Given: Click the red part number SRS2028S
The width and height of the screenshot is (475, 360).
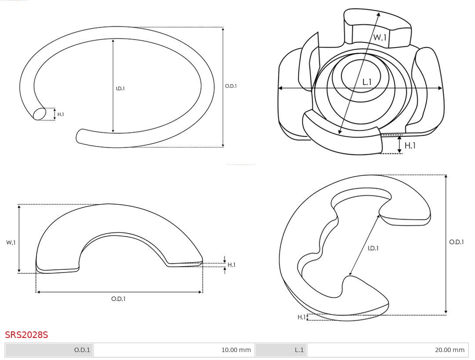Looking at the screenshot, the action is (26, 334).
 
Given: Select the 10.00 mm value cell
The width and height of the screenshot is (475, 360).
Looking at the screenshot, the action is (174, 350).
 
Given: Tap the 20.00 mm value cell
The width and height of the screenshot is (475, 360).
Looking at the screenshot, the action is (387, 350).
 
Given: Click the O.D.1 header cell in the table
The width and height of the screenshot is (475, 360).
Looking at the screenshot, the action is (49, 350).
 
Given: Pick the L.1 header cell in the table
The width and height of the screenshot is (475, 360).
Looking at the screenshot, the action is (281, 350).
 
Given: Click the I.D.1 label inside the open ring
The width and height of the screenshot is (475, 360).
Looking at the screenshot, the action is (120, 88).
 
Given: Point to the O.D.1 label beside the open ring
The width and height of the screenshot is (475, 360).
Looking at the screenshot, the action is (231, 86).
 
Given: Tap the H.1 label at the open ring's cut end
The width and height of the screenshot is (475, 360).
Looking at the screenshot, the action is (61, 114).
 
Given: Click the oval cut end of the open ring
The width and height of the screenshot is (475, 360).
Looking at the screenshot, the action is (40, 114).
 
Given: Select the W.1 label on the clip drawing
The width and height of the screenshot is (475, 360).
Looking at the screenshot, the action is (380, 37).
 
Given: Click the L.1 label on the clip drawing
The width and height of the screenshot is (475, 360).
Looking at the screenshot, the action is (367, 82).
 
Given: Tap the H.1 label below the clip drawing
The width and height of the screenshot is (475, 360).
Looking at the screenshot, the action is (410, 146).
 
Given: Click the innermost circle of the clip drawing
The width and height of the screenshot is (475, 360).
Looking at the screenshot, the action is (361, 76).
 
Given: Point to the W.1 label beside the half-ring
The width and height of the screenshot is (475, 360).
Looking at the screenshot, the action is (11, 242).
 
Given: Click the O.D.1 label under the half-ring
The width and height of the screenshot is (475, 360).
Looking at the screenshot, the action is (118, 299).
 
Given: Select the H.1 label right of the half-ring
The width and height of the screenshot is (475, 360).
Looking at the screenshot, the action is (231, 264).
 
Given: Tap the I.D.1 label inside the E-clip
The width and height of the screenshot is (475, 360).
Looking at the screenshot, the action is (373, 248).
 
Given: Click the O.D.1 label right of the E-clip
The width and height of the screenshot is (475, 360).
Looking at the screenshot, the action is (457, 242).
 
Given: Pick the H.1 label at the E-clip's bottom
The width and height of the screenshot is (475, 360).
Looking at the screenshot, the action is (301, 317).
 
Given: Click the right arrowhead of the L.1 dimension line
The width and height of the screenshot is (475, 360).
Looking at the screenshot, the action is (440, 88).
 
